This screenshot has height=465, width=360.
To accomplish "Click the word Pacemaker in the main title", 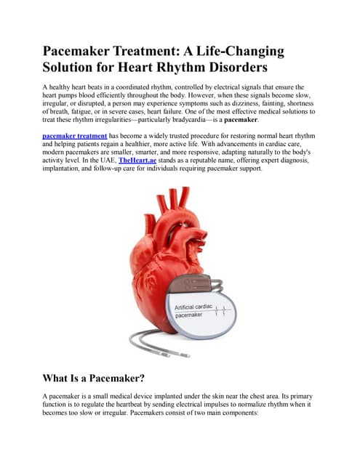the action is coord(85,52).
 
